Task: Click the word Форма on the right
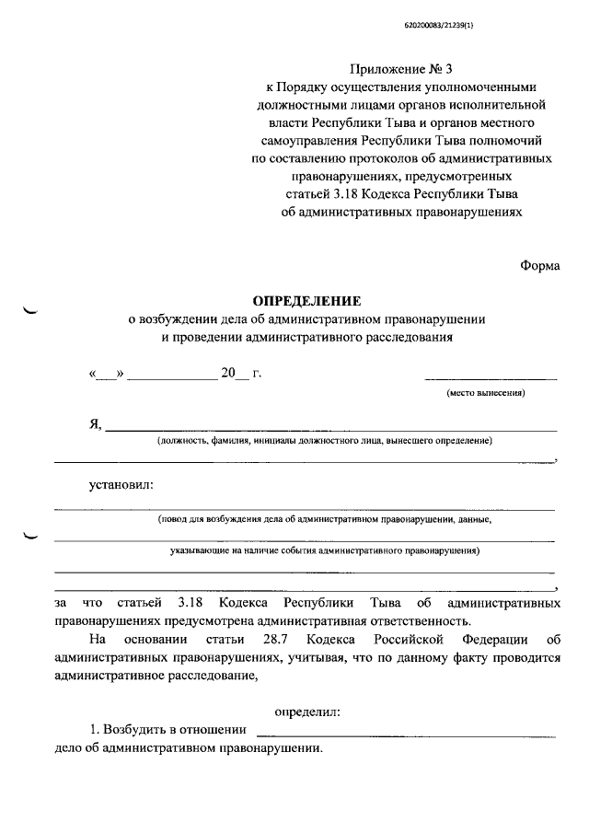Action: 539,265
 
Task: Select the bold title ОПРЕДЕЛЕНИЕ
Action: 307,301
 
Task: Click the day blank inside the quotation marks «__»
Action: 107,375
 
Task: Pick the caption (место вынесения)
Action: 486,393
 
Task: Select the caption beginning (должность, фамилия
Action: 324,441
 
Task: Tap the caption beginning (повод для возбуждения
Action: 324,519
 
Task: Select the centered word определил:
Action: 307,711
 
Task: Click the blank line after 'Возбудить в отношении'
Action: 405,735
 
